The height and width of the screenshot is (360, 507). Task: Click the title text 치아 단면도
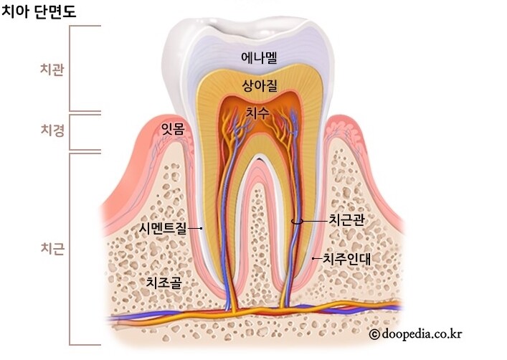[39, 12]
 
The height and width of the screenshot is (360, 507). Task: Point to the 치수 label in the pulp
[256, 113]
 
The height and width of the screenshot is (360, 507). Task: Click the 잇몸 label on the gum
[172, 128]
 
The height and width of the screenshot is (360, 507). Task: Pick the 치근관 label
[346, 221]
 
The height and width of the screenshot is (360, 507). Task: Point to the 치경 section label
[52, 131]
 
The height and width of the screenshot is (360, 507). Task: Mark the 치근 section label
[52, 248]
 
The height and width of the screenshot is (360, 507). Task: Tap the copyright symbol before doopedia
[374, 334]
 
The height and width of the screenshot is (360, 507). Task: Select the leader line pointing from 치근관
[307, 222]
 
